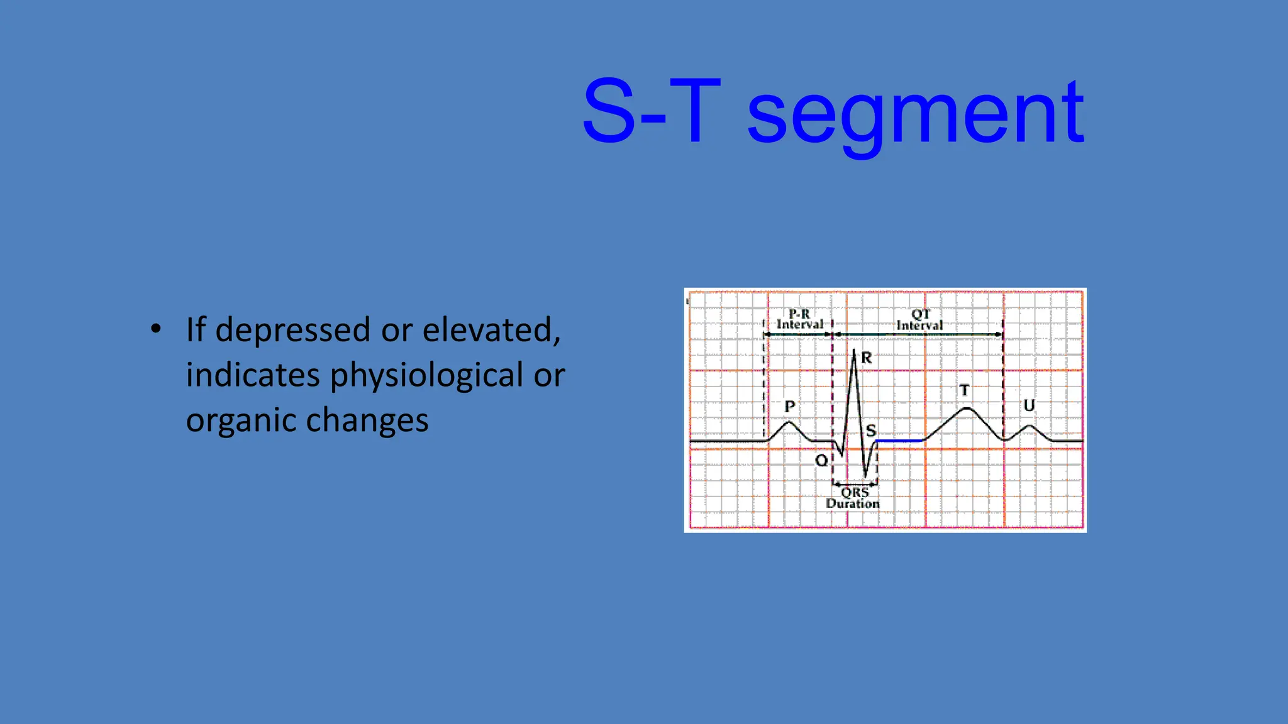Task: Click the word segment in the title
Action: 915,113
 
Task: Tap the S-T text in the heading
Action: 651,112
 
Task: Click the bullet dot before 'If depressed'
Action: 156,329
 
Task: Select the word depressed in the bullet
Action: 292,330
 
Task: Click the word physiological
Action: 426,376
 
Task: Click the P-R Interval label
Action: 799,319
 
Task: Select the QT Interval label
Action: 919,320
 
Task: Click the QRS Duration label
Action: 853,498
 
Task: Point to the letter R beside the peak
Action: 867,358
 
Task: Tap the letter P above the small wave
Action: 790,407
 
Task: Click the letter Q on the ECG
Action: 821,461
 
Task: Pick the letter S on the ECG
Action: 871,431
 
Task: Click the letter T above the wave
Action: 964,390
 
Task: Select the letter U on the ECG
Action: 1029,405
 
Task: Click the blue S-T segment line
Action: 899,441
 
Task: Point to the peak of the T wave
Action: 967,409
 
